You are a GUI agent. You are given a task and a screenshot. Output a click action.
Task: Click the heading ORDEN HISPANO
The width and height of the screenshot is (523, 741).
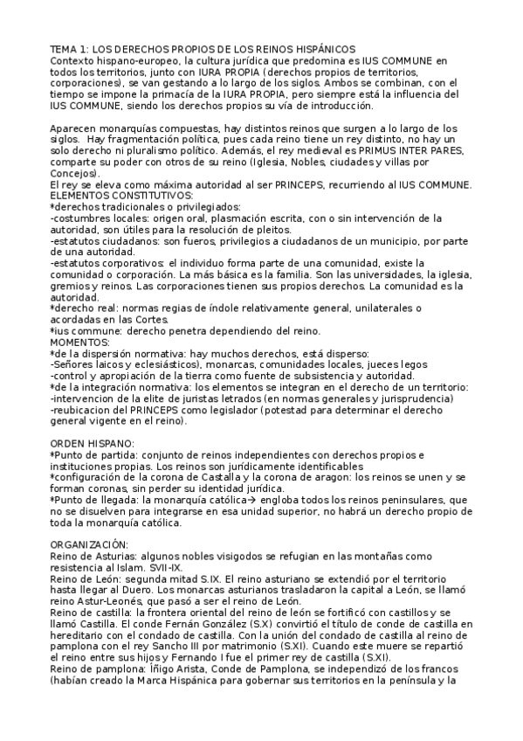[92, 443]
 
